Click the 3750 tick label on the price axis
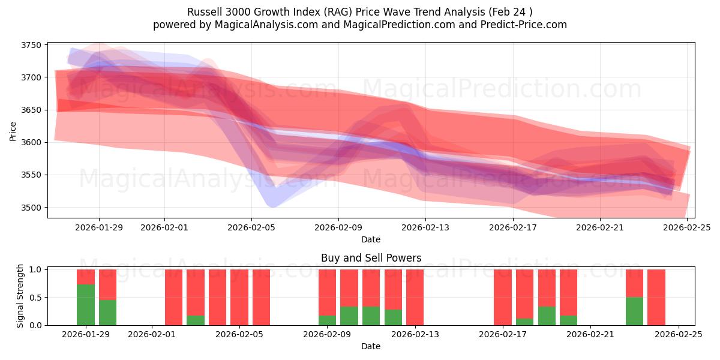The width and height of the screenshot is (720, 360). pyautogui.click(x=31, y=45)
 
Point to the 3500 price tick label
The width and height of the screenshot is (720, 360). pyautogui.click(x=31, y=208)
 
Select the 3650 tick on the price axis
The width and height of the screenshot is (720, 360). pyautogui.click(x=31, y=110)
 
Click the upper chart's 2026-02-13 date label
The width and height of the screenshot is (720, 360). pyautogui.click(x=425, y=227)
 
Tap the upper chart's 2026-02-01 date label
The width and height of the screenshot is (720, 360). pyautogui.click(x=164, y=227)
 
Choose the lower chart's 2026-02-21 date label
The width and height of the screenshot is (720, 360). pyautogui.click(x=590, y=335)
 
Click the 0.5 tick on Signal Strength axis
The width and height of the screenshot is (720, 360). pyautogui.click(x=35, y=298)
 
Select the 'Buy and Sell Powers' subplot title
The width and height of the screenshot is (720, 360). pyautogui.click(x=371, y=258)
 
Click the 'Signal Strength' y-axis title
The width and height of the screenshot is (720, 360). pyautogui.click(x=20, y=296)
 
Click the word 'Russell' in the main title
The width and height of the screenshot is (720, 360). pyautogui.click(x=204, y=12)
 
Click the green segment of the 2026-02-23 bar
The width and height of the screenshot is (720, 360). pyautogui.click(x=634, y=311)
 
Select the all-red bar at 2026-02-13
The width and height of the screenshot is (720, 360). pyautogui.click(x=415, y=297)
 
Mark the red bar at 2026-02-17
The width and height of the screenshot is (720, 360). pyautogui.click(x=503, y=297)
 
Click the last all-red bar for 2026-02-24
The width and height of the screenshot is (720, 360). pyautogui.click(x=656, y=297)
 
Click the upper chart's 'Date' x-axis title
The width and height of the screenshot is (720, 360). pyautogui.click(x=371, y=239)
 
